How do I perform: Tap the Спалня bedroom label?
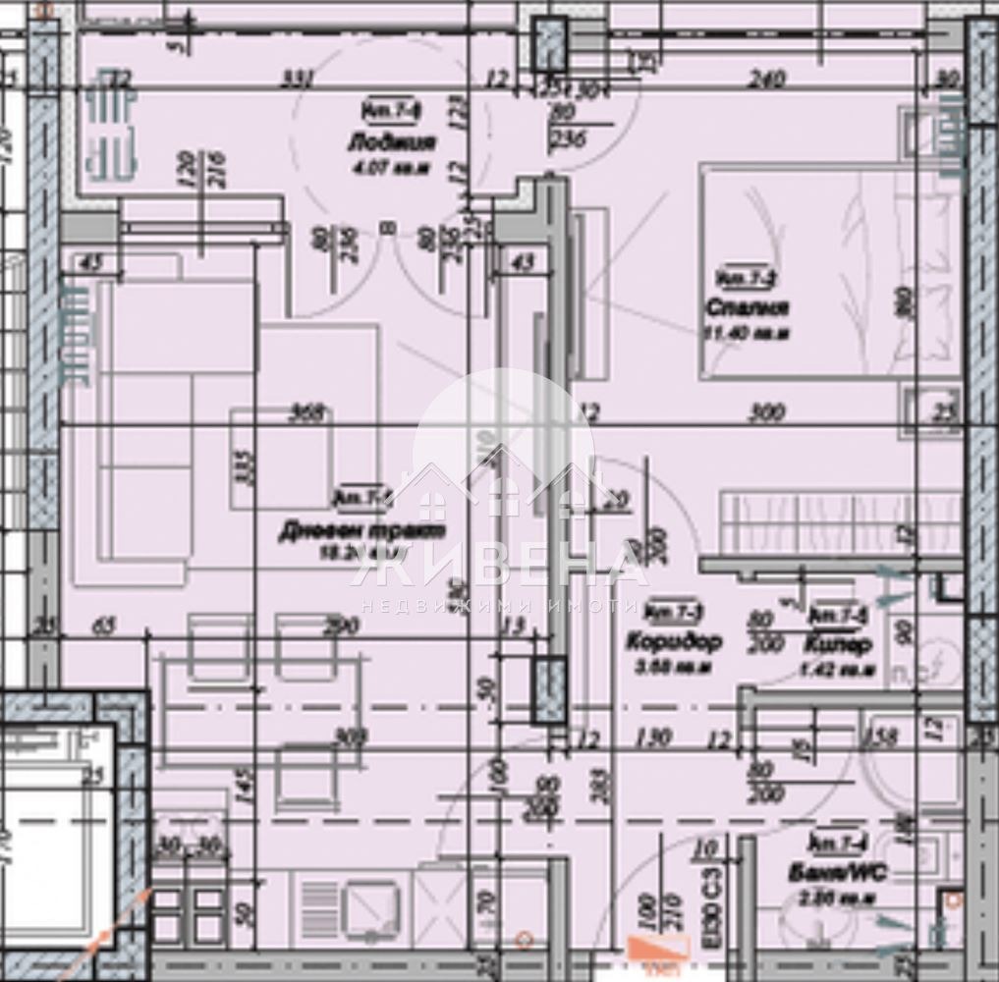(x=748, y=308)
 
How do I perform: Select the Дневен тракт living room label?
(x=361, y=530)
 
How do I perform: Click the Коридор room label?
(x=675, y=643)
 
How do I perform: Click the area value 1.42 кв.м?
(x=839, y=671)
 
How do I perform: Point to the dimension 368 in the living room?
(x=307, y=413)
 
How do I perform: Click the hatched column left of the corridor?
(x=548, y=691)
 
